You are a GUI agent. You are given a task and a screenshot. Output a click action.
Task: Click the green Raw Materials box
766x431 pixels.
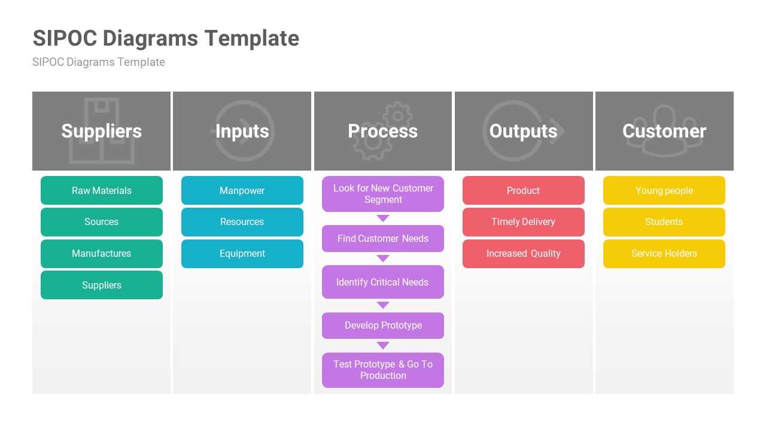[x=102, y=190]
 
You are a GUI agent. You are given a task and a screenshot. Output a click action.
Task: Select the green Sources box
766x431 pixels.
[x=102, y=222]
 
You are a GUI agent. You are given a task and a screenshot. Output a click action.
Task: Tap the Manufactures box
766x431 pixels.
[x=102, y=254]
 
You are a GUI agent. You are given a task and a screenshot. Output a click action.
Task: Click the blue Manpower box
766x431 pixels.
[x=242, y=190]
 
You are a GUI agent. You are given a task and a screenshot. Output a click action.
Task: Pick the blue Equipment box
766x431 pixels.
[x=242, y=254]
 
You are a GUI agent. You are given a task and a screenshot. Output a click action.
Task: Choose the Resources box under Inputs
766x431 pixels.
[x=242, y=222]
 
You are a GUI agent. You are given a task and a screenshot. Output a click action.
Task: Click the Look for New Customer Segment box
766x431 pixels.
[x=383, y=194]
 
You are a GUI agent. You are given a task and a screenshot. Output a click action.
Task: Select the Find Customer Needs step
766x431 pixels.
[x=383, y=238]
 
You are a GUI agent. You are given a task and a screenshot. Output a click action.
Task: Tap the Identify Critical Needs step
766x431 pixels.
[x=383, y=282]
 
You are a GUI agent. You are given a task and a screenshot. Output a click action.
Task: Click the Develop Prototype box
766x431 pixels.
[x=383, y=326]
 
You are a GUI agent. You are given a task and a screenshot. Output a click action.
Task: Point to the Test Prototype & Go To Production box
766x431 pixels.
[x=383, y=370]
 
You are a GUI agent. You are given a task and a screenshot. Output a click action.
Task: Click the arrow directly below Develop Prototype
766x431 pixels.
[x=383, y=345]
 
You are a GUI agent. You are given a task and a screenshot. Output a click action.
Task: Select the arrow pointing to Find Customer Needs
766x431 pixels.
[x=383, y=218]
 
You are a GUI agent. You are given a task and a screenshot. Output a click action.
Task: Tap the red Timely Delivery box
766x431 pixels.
[x=524, y=222]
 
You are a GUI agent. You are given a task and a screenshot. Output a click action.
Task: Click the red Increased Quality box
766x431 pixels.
[x=524, y=254]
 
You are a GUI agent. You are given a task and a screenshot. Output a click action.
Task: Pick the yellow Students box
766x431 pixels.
[x=664, y=222]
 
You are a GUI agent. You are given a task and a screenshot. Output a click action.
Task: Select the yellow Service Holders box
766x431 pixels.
[x=664, y=254]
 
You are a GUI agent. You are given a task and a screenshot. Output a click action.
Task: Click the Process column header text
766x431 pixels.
[x=383, y=131]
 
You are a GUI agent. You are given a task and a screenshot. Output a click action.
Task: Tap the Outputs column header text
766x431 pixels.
[x=524, y=131]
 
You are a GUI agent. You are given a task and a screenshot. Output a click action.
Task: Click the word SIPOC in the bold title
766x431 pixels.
[x=65, y=38]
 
